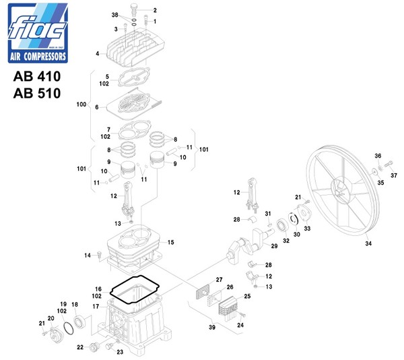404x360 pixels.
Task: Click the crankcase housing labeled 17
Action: pyautogui.click(x=139, y=324)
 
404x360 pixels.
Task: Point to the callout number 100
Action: pyautogui.click(x=82, y=105)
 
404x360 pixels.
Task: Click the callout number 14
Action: pyautogui.click(x=87, y=255)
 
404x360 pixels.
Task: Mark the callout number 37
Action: pyautogui.click(x=394, y=175)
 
